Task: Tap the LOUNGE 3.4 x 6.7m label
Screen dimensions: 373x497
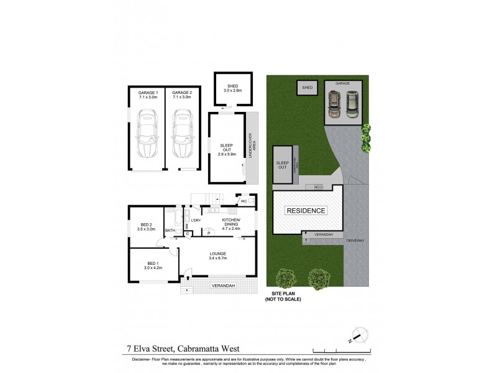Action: (217, 256)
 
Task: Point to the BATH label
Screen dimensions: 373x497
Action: (170, 231)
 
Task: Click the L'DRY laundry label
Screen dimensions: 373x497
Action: (196, 221)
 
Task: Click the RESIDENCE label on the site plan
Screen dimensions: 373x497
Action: (306, 211)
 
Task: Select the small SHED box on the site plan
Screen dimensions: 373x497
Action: (307, 88)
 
